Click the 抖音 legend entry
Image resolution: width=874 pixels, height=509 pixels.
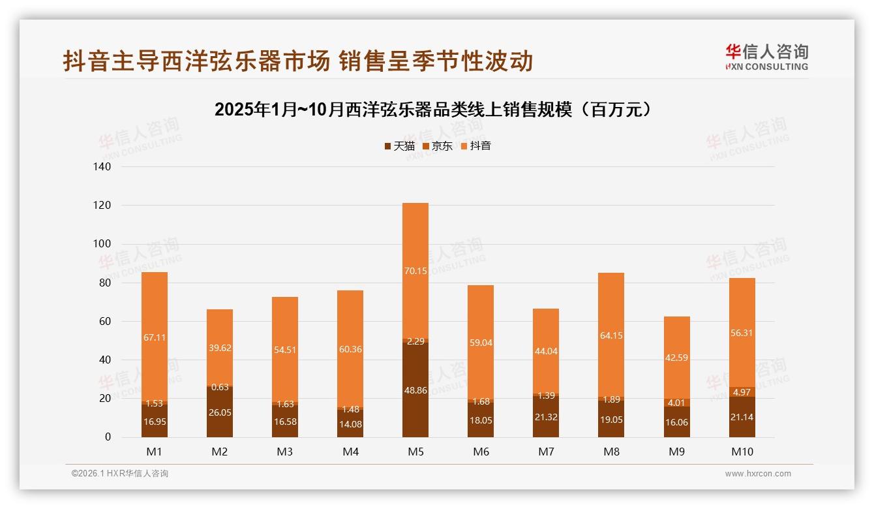point(475,146)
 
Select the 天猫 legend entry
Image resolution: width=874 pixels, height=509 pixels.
point(399,146)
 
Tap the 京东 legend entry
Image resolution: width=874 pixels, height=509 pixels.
point(438,146)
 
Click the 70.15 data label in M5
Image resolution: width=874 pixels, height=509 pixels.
point(415,271)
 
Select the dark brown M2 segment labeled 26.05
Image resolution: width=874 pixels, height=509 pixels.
point(220,412)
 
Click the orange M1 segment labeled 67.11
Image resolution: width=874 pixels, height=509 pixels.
point(155,337)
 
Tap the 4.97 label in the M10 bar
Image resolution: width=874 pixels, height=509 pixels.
point(742,392)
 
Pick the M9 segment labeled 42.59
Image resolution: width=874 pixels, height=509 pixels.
point(676,357)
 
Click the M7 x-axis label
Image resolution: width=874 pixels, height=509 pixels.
point(546,452)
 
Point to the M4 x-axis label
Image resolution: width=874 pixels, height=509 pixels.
point(350,452)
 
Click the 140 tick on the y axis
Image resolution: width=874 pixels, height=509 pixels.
point(102,167)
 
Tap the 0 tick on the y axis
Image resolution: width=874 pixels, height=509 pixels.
point(108,437)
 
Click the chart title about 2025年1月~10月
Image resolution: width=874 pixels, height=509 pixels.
point(433,110)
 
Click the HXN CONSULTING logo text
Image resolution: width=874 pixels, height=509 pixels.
point(767,67)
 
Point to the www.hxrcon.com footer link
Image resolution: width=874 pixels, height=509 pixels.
point(758,474)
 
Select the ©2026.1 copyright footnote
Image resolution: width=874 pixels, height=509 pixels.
point(120,474)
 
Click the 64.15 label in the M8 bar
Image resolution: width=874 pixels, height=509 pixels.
point(611,336)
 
